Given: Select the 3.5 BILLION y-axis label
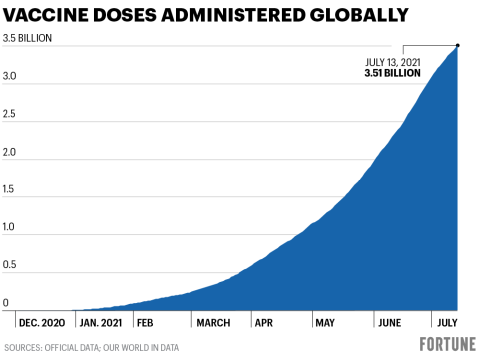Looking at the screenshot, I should [27, 39].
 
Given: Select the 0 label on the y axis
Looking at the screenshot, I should [6, 303].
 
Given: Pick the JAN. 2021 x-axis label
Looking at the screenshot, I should [103, 323].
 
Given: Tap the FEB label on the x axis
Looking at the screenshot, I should [146, 323].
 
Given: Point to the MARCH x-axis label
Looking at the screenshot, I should [213, 323].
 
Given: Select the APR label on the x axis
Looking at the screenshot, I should [264, 323].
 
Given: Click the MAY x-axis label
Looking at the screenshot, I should [325, 323].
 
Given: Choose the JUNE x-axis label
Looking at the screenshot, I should [388, 323].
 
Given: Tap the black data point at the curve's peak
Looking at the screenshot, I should [457, 45].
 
